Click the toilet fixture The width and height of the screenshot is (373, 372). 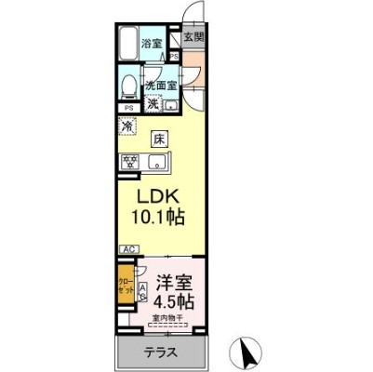coord(130,85)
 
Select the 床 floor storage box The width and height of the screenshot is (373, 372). coord(159,140)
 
